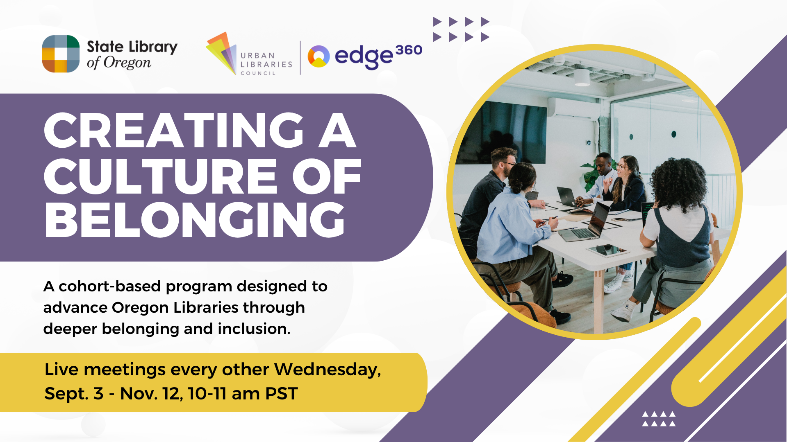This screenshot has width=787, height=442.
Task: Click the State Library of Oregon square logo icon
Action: click(x=61, y=54)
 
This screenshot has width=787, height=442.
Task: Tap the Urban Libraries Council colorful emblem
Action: click(x=221, y=53)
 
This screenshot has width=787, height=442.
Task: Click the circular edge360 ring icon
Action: click(x=318, y=56)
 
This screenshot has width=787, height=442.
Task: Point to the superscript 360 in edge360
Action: click(x=409, y=50)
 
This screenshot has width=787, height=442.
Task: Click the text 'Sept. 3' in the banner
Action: click(x=74, y=394)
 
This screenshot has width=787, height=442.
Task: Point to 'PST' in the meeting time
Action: click(x=281, y=394)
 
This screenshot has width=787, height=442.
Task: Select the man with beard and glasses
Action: click(x=492, y=201)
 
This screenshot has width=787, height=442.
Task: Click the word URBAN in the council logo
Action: click(x=257, y=56)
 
